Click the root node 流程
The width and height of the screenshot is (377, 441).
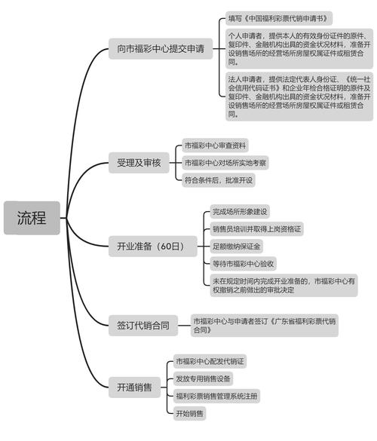(x=31, y=219)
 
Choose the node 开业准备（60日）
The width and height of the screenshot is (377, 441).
(x=151, y=246)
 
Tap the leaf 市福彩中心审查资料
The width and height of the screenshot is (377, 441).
(x=215, y=145)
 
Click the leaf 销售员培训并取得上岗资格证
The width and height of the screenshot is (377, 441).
(x=256, y=228)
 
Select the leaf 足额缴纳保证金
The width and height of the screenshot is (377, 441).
(x=236, y=246)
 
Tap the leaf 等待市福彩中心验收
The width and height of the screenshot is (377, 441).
(x=243, y=263)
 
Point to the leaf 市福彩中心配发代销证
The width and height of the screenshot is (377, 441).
(x=210, y=362)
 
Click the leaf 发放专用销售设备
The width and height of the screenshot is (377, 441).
(x=204, y=378)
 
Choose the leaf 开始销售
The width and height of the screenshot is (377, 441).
(x=189, y=413)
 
